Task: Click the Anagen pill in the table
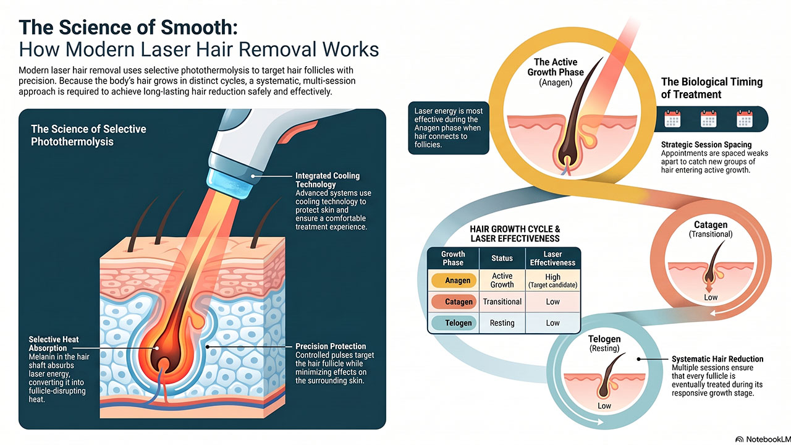(454, 281)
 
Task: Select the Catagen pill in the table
(454, 302)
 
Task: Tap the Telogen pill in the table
(454, 323)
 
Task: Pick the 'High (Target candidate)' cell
(552, 281)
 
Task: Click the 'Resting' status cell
(502, 323)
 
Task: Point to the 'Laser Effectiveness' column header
(552, 258)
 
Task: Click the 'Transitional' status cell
(502, 302)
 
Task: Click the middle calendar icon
(708, 119)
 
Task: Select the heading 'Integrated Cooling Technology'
(328, 180)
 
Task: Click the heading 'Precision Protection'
(331, 346)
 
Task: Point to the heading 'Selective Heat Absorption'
(54, 344)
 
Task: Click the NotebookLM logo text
(767, 439)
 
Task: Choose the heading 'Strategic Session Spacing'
(706, 145)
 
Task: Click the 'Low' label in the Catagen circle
(711, 297)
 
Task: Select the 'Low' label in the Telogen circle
(604, 406)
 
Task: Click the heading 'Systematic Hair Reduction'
(717, 359)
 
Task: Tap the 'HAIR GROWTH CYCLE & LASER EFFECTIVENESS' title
(515, 234)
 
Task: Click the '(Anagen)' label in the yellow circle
(556, 83)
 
